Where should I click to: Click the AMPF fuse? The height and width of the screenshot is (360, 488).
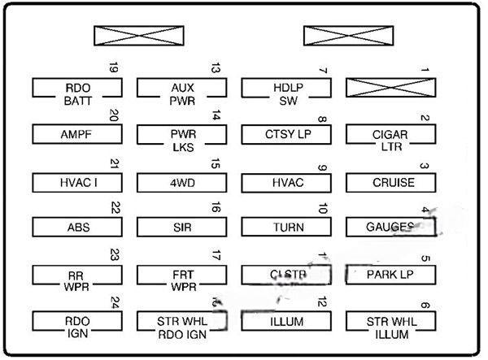pyautogui.click(x=78, y=133)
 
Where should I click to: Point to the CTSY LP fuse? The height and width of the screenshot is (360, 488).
pyautogui.click(x=285, y=133)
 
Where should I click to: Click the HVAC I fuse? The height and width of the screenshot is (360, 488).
pyautogui.click(x=78, y=181)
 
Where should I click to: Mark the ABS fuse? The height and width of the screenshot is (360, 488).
pyautogui.click(x=78, y=227)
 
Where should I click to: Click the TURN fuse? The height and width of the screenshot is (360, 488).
pyautogui.click(x=285, y=227)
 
